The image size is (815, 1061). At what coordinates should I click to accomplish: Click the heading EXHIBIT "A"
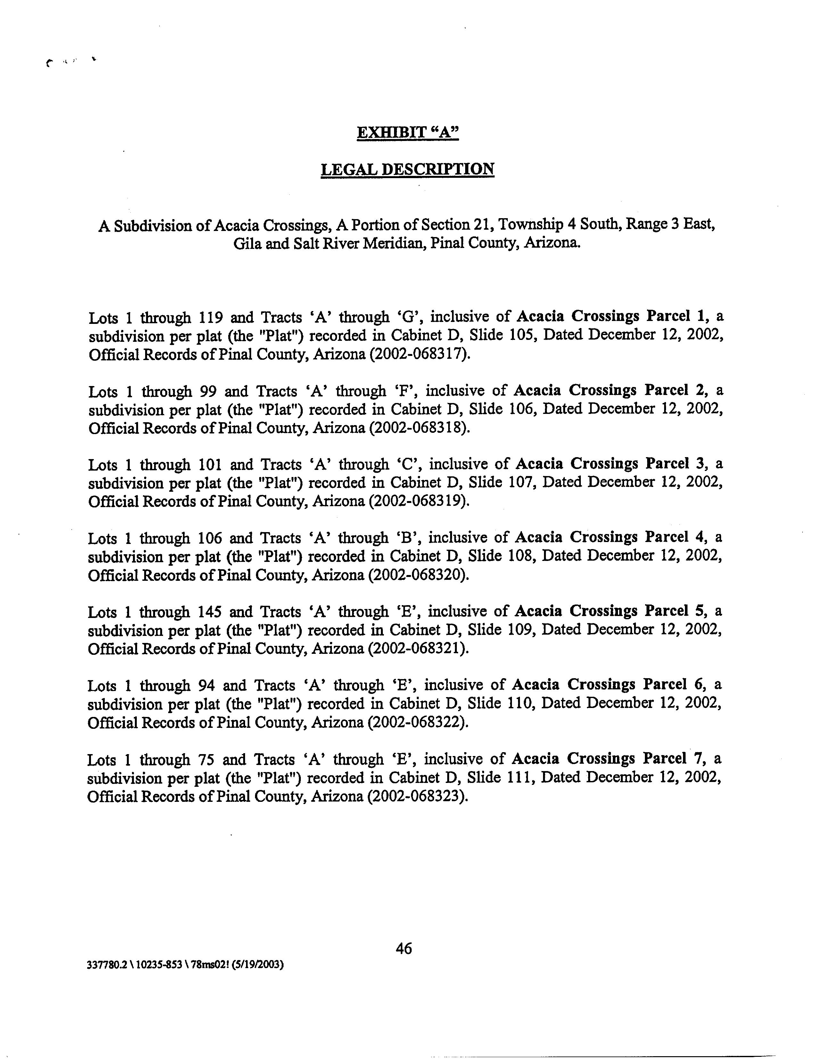point(407,132)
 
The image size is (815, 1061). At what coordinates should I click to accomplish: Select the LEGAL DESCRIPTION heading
point(407,169)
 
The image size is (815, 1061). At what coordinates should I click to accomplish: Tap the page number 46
point(404,948)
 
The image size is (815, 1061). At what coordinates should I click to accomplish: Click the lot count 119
point(211,317)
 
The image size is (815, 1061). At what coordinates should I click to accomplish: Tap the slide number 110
point(520,704)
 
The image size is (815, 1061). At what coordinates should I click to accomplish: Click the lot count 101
point(210,465)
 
